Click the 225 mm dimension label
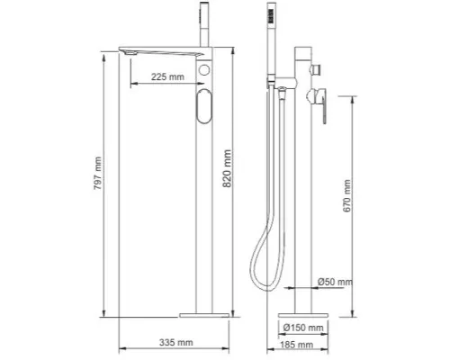click(167, 76)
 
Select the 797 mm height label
click(98, 174)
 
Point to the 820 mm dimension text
click(227, 168)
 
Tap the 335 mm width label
click(175, 342)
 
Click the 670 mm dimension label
click(347, 196)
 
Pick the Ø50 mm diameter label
click(335, 282)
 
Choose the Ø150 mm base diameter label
click(303, 328)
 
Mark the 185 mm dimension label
click(297, 345)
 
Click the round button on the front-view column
click(204, 70)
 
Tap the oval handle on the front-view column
click(204, 106)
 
